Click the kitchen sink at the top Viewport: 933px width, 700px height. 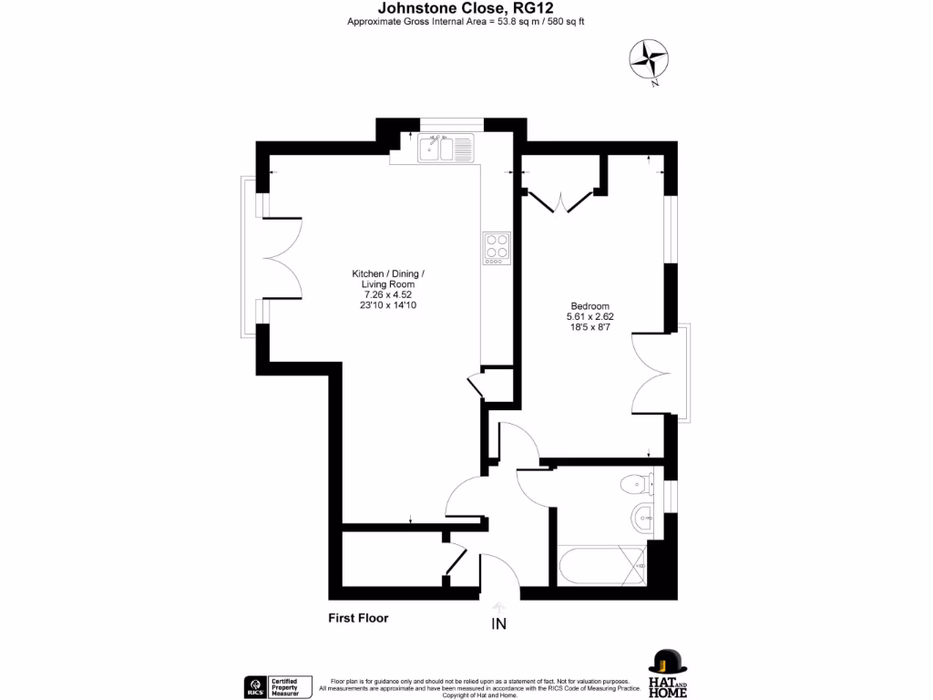coord(446,147)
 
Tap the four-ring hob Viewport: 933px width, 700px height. coord(497,248)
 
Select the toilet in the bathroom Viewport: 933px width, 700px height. coord(639,484)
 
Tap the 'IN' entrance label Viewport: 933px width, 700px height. coord(498,624)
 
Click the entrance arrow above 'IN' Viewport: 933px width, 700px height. coord(498,606)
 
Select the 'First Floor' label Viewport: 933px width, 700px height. coord(358,618)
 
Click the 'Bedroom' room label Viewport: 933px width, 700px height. coord(590,306)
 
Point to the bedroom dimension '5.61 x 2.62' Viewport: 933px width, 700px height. coord(590,316)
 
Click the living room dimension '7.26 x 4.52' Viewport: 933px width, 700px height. coord(388,294)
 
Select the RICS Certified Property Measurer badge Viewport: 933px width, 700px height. coord(278,685)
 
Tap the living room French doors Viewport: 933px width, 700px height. coord(279,257)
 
